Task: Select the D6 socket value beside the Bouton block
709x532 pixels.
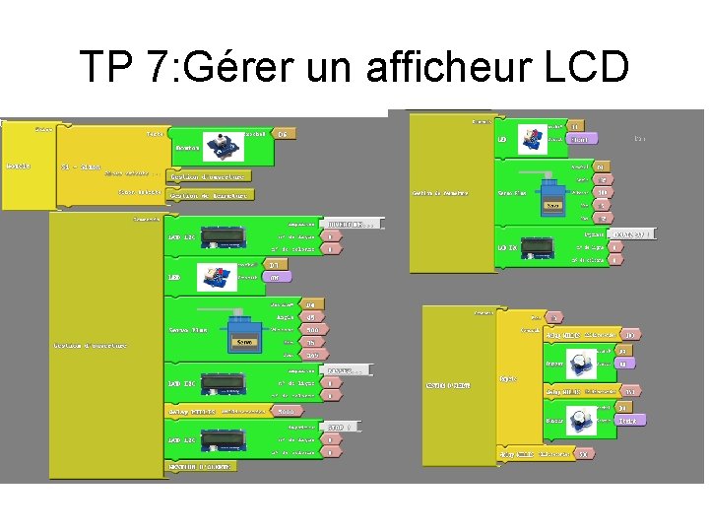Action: (282, 133)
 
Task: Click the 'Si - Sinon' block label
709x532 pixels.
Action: (81, 166)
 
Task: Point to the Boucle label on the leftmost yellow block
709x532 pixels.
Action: (18, 166)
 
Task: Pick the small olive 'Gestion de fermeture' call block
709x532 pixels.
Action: (209, 195)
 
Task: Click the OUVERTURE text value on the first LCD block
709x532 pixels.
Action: (350, 224)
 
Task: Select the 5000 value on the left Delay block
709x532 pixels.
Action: (285, 411)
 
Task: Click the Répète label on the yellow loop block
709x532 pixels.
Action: (508, 377)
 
